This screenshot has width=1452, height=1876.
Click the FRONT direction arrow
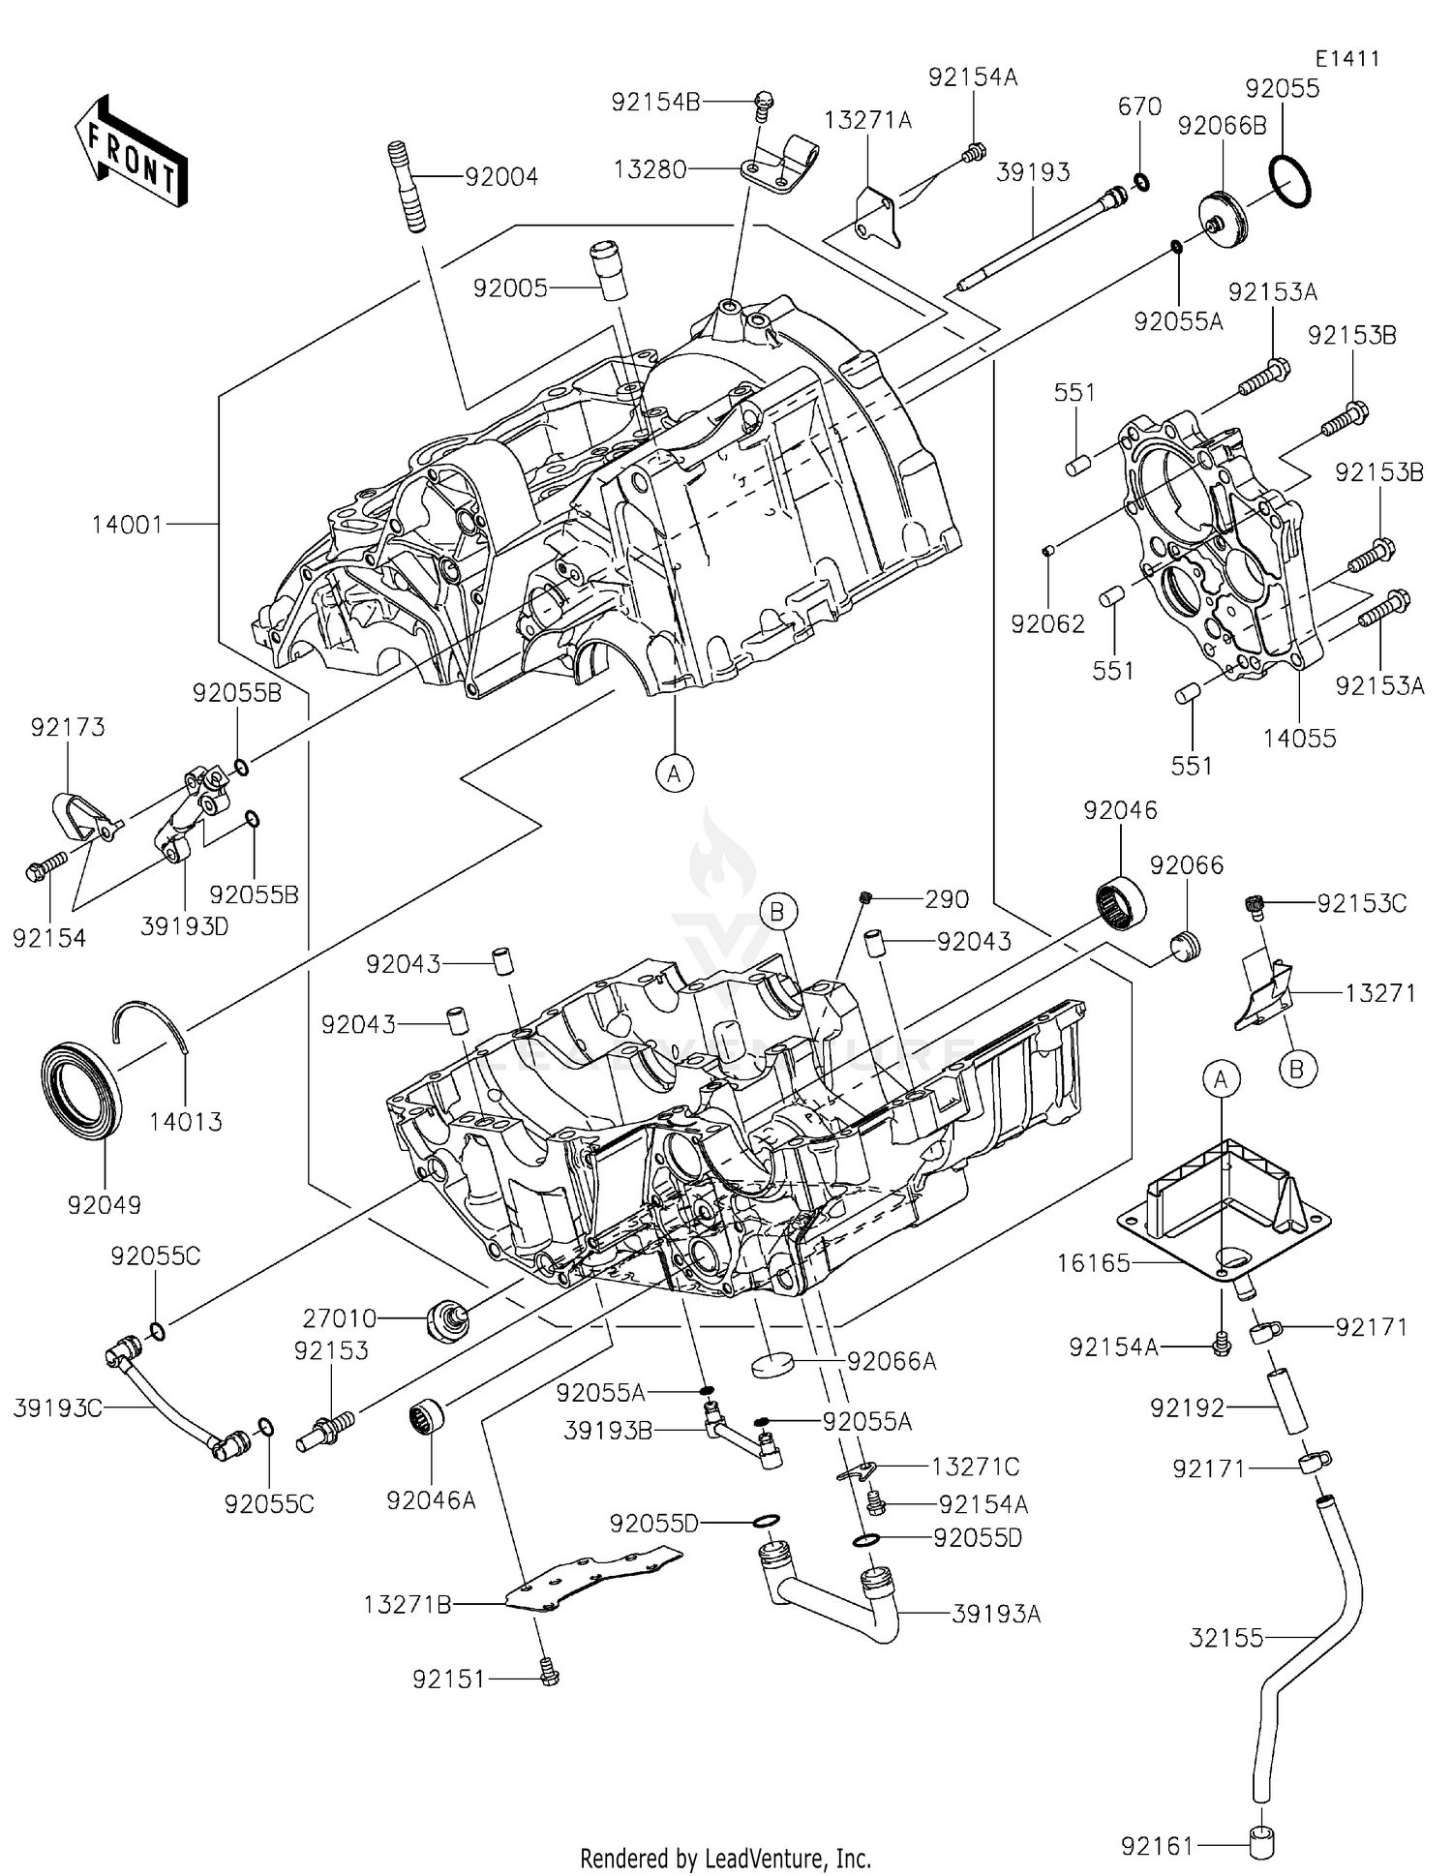tap(130, 151)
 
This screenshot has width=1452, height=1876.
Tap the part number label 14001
tap(127, 525)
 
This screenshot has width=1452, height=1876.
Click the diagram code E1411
tap(1346, 59)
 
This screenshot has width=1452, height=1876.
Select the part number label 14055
tap(1299, 739)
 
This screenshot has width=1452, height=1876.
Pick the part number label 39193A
tap(996, 1614)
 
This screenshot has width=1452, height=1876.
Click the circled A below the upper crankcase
tap(675, 772)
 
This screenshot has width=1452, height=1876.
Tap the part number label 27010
tap(339, 1317)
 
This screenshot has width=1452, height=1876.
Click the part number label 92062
tap(1047, 624)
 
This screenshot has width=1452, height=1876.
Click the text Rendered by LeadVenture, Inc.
tap(725, 1858)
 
